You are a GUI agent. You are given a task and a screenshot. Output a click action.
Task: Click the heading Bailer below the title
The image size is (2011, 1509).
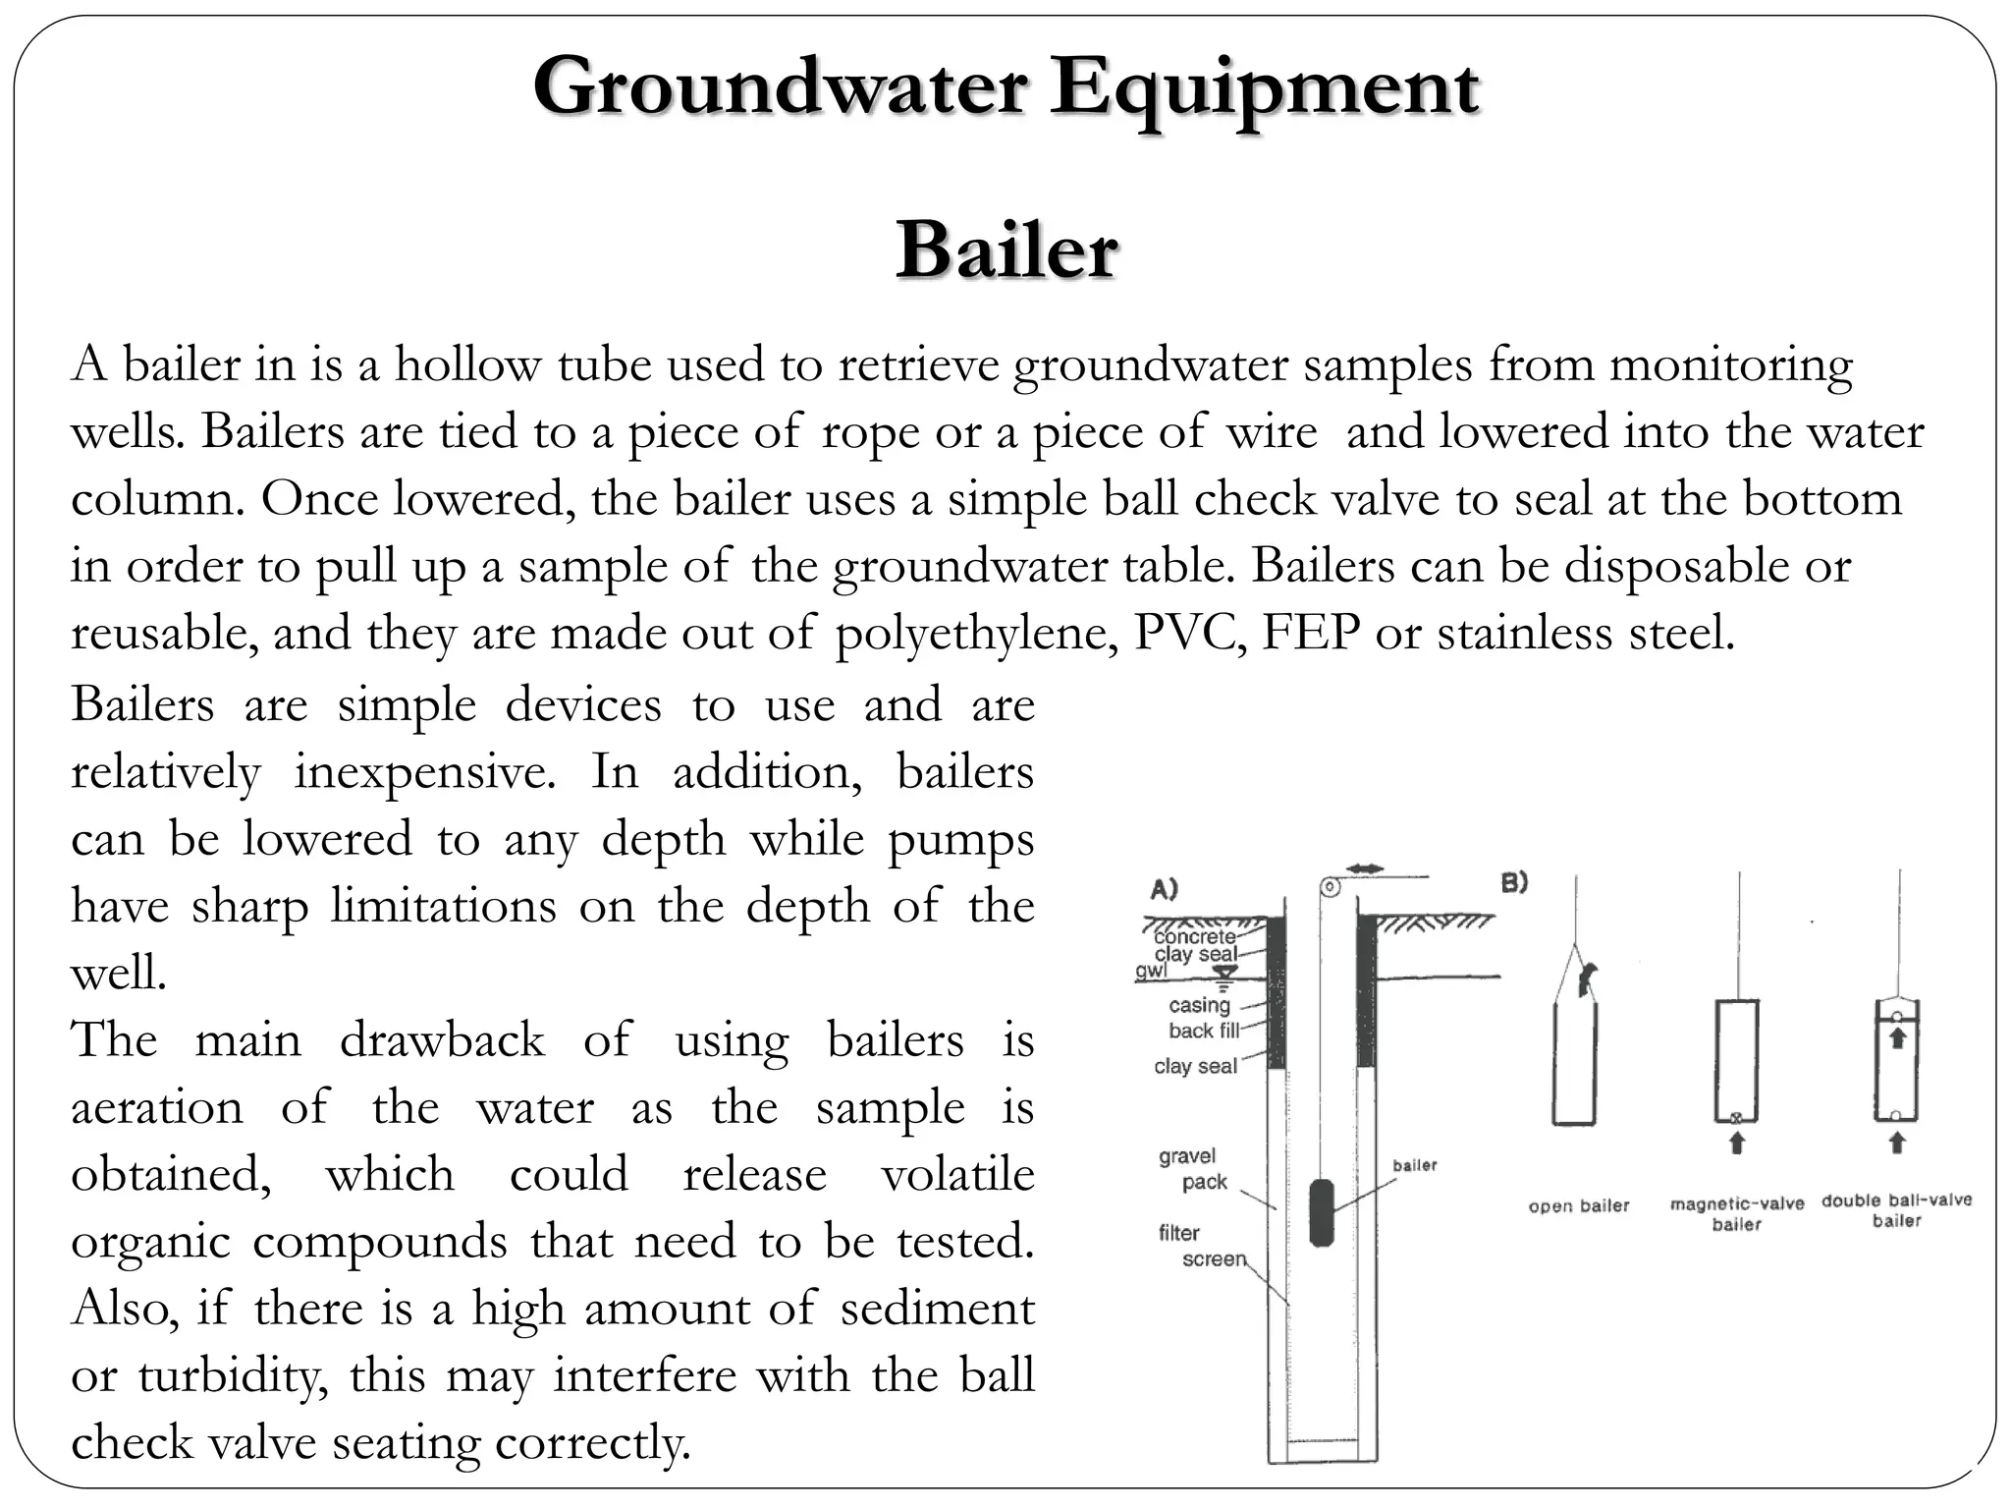(x=1005, y=251)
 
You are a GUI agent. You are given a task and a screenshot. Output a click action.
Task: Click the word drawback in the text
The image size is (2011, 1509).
(x=442, y=1040)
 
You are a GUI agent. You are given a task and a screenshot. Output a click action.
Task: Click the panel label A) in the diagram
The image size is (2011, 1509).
(x=1165, y=890)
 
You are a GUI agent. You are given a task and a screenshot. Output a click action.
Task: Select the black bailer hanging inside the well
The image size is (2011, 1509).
(x=1322, y=1213)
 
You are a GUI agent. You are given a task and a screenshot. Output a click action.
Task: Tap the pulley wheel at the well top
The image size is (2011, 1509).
(x=1330, y=887)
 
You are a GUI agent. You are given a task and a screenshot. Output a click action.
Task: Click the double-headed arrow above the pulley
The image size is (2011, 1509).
(x=1365, y=868)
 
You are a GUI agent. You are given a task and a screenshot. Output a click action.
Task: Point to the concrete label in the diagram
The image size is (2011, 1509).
(x=1194, y=936)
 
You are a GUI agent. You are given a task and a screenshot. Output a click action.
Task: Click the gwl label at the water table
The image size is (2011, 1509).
(x=1151, y=971)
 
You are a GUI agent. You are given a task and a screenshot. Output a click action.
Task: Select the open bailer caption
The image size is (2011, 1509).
(x=1578, y=1205)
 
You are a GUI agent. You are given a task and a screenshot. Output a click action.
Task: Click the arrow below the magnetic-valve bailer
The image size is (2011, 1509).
(x=1736, y=1143)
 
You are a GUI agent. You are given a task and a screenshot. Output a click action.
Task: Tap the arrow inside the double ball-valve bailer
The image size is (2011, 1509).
(x=1897, y=1037)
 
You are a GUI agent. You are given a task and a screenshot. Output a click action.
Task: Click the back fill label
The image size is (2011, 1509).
(x=1204, y=1031)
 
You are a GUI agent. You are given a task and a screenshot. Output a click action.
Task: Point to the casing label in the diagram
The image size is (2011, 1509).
(x=1199, y=1005)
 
